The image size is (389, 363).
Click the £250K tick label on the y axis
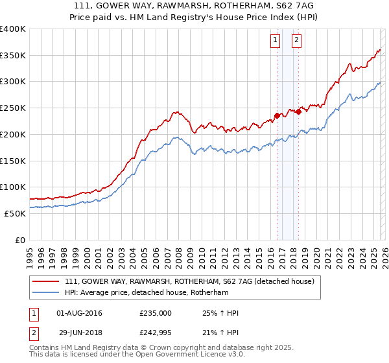click(13, 108)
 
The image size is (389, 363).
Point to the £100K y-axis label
click(13, 187)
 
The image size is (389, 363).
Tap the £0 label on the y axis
click(21, 240)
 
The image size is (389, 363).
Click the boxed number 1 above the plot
click(276, 41)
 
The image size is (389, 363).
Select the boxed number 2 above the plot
click(296, 41)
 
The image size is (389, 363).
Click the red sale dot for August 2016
click(277, 116)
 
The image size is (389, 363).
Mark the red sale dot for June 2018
click(298, 111)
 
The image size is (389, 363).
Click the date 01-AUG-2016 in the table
click(79, 313)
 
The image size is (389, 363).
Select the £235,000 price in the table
click(156, 313)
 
